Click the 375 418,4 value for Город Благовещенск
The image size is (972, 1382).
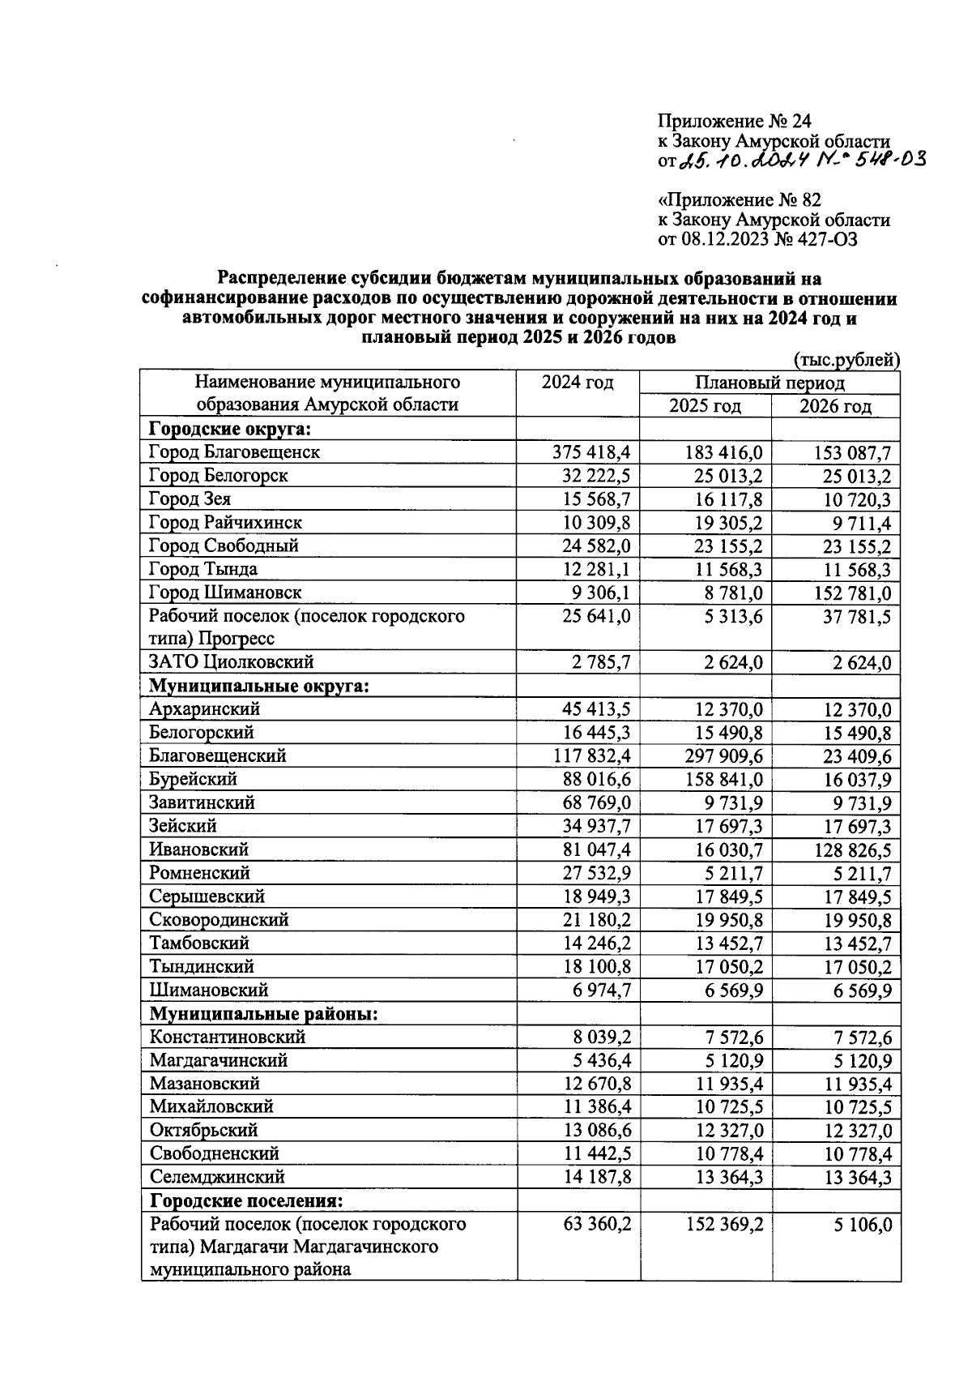tap(591, 452)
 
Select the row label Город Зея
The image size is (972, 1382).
tap(190, 499)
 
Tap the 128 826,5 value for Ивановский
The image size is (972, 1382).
tap(846, 850)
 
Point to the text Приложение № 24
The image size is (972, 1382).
tap(734, 122)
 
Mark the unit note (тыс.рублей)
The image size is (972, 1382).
tap(847, 360)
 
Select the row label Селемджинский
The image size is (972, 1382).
tap(216, 1177)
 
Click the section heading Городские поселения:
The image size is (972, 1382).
tap(245, 1200)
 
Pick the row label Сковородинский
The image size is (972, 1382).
tap(219, 920)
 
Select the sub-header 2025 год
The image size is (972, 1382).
tap(704, 406)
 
